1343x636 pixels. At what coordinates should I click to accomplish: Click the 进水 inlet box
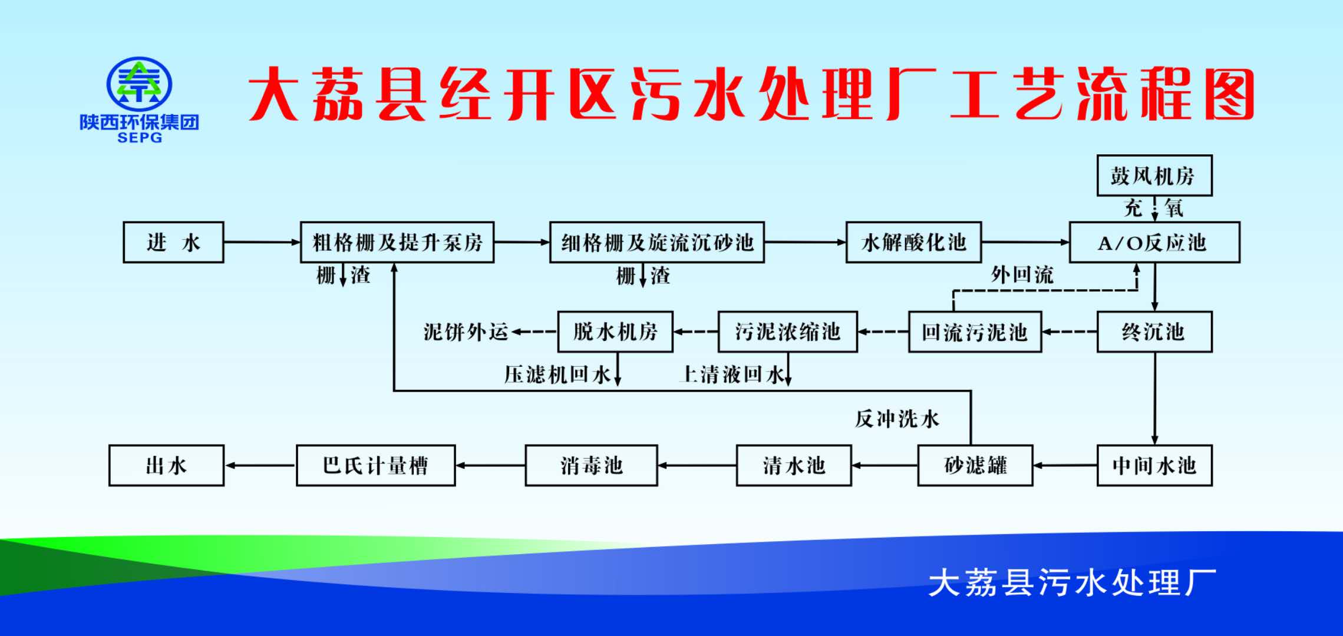click(173, 242)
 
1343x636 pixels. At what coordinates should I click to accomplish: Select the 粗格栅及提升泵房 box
click(397, 242)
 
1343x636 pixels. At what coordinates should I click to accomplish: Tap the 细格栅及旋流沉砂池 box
click(656, 242)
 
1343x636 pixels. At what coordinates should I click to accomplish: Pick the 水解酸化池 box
click(913, 242)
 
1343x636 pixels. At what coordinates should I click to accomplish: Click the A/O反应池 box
click(1154, 242)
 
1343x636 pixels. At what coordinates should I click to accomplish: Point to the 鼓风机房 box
click(1154, 175)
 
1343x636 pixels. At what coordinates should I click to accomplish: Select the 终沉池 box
click(1154, 332)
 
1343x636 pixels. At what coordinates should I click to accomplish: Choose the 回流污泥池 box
click(975, 332)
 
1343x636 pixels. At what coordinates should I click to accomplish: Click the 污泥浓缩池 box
click(787, 332)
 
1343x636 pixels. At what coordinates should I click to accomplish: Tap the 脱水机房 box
click(615, 332)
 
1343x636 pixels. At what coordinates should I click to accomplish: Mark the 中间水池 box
click(1154, 466)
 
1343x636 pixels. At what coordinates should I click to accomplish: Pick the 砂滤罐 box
click(975, 466)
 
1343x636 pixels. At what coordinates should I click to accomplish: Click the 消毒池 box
click(591, 466)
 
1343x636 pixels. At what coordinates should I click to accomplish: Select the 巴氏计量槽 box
click(375, 466)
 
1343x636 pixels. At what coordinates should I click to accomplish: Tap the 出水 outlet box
click(166, 466)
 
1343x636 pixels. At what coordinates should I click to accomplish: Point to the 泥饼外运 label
click(466, 332)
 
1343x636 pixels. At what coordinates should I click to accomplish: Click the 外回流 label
click(1022, 275)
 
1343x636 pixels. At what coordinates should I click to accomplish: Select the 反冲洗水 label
click(897, 419)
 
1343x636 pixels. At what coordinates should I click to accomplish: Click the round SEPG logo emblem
click(139, 84)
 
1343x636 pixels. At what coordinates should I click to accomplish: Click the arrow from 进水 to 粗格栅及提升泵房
click(262, 242)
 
